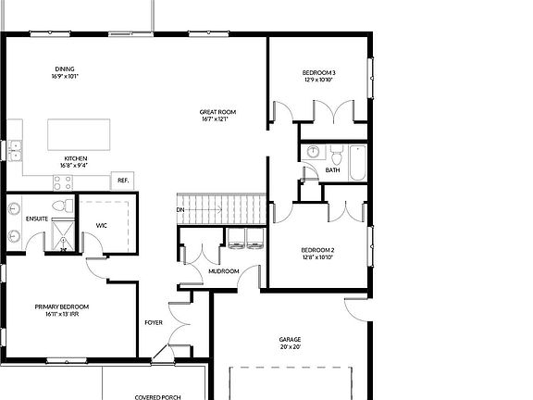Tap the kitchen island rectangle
tap(84, 132)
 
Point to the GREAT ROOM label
tap(214, 113)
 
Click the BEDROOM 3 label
tap(318, 73)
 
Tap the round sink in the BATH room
tap(313, 151)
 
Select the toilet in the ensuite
tap(60, 206)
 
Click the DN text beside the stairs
tap(180, 210)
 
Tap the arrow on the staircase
tap(208, 210)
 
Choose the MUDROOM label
tap(224, 271)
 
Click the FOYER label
tap(154, 322)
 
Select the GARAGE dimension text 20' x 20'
tap(290, 348)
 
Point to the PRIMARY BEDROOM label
tap(62, 306)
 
